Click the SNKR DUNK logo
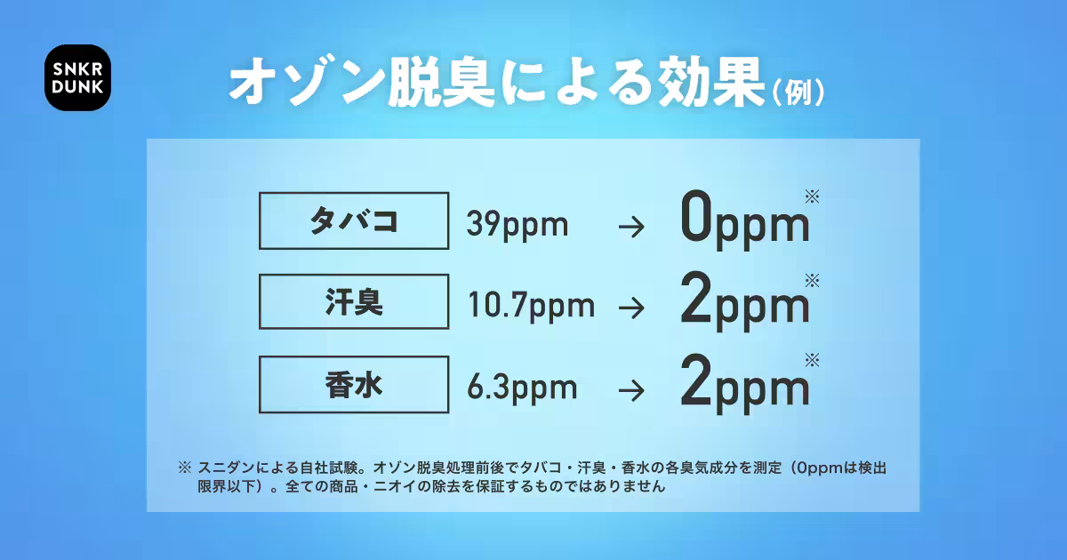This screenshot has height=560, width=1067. click(77, 77)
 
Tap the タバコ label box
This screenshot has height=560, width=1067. click(354, 221)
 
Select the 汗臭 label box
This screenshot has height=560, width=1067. click(354, 301)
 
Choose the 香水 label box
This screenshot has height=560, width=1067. click(354, 384)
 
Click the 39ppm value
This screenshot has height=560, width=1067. click(517, 225)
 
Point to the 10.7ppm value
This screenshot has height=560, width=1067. click(531, 306)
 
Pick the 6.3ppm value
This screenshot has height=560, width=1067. click(522, 388)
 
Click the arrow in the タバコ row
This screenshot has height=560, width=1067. click(631, 227)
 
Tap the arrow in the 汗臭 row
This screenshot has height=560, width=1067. click(631, 308)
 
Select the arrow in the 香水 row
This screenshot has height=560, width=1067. click(631, 390)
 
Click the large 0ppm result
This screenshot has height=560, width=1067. click(744, 220)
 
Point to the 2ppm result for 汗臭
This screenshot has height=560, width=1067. click(744, 301)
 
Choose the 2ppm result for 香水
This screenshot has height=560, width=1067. click(744, 383)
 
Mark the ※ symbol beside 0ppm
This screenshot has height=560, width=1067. click(812, 196)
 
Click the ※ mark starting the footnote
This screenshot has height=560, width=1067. click(185, 468)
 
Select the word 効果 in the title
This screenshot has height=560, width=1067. click(711, 82)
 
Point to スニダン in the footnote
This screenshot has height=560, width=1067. click(226, 468)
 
